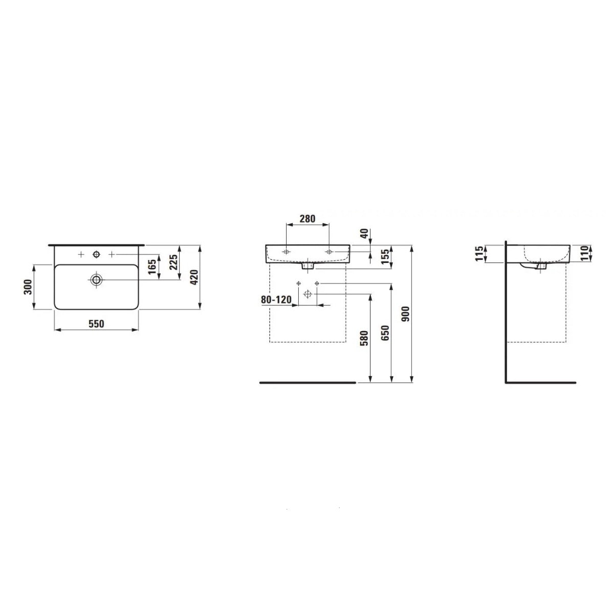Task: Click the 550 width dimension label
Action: [x=96, y=324]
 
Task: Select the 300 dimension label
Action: [x=28, y=287]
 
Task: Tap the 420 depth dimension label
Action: [x=194, y=277]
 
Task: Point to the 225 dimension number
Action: [x=173, y=262]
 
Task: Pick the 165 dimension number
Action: [x=152, y=267]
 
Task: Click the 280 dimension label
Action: [x=308, y=218]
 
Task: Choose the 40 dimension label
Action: [x=364, y=233]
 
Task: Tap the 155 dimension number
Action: [x=385, y=256]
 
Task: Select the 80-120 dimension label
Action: [x=276, y=299]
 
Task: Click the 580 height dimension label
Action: [x=364, y=338]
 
